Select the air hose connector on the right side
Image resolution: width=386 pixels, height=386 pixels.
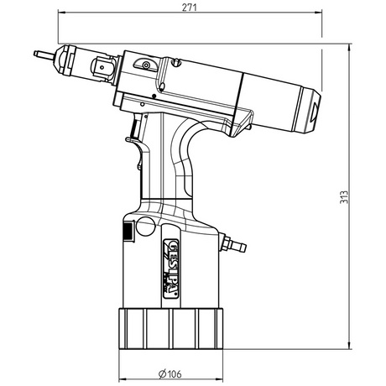[237, 245]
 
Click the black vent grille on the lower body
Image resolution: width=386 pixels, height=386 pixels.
[126, 232]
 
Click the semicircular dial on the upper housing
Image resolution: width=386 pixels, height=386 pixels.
[146, 65]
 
